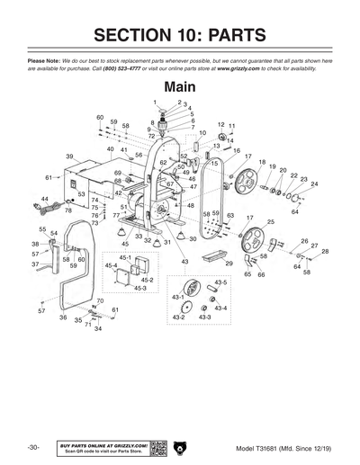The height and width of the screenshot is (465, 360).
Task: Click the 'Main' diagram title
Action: (x=180, y=88)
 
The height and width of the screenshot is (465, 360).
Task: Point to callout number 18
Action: (x=262, y=162)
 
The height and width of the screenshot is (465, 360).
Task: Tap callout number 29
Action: (x=229, y=264)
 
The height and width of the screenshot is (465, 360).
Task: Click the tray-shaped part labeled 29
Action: (x=213, y=256)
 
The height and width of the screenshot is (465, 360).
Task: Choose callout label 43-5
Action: (x=220, y=282)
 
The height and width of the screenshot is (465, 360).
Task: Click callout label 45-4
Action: (x=112, y=266)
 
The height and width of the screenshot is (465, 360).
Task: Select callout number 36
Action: (x=63, y=317)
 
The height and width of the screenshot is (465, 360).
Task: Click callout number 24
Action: (x=314, y=183)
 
